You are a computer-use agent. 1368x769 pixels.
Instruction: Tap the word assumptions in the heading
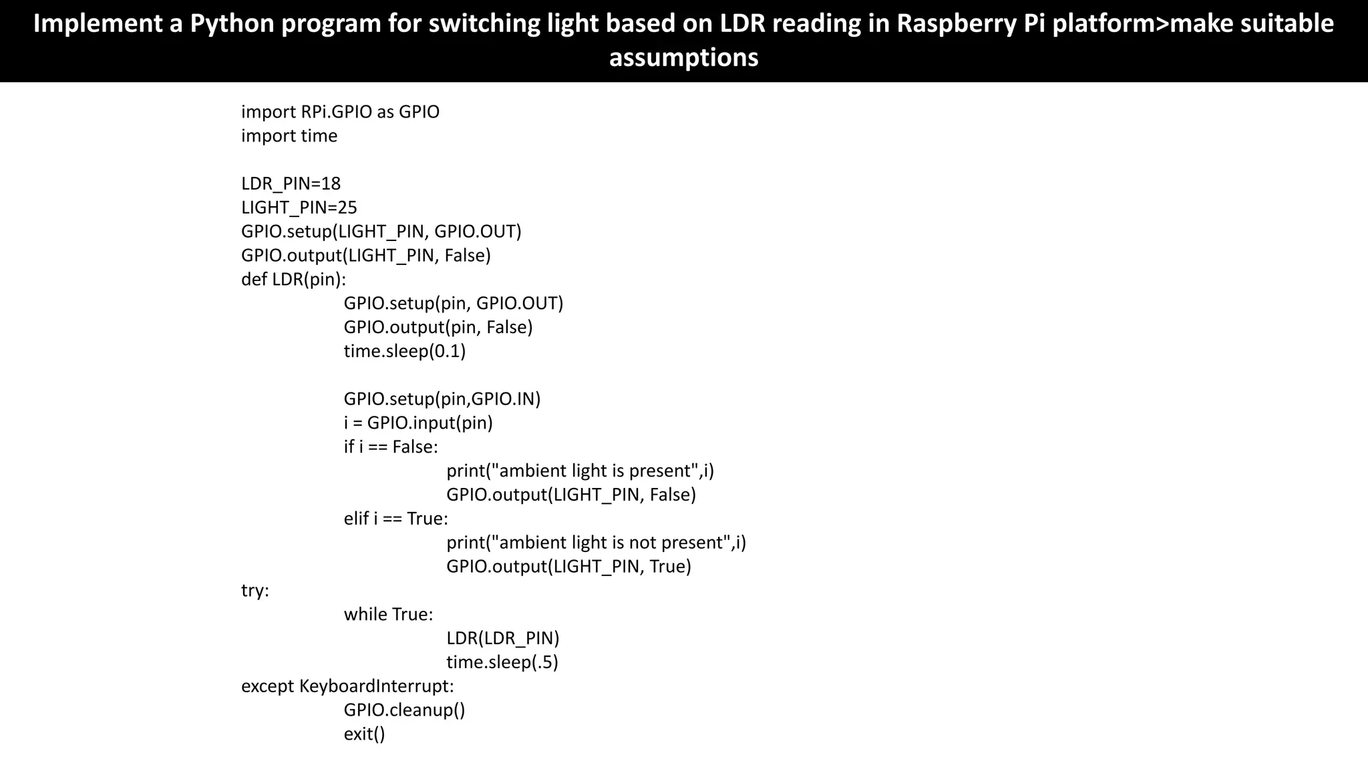[x=683, y=58]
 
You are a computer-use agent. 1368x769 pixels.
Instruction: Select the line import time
[x=289, y=136]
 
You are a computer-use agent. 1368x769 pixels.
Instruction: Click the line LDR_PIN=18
[x=291, y=184]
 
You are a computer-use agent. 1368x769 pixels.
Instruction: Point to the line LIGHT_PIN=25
[x=299, y=208]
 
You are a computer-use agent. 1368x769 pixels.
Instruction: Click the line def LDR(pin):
[x=293, y=279]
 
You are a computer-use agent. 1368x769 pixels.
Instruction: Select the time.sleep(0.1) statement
[x=404, y=351]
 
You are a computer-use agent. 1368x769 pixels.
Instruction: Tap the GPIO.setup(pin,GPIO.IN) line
[x=442, y=399]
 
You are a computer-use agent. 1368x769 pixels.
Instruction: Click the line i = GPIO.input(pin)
[x=418, y=423]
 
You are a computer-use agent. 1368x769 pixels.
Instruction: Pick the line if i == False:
[x=391, y=447]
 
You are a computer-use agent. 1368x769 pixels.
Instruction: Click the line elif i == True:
[x=395, y=519]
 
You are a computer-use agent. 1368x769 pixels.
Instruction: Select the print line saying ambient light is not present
[x=596, y=543]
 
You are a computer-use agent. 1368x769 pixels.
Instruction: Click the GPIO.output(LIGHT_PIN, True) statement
[x=568, y=567]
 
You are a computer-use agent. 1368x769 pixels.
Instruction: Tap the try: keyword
[x=254, y=591]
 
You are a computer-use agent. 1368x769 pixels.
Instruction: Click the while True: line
[x=388, y=614]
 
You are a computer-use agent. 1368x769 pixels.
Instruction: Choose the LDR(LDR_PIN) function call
[x=502, y=638]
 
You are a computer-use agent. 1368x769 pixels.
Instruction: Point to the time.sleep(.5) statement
[x=502, y=662]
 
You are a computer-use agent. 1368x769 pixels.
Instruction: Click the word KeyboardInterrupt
[x=376, y=686]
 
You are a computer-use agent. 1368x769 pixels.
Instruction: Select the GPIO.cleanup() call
[x=404, y=710]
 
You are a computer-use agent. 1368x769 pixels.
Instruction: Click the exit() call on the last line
[x=364, y=734]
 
